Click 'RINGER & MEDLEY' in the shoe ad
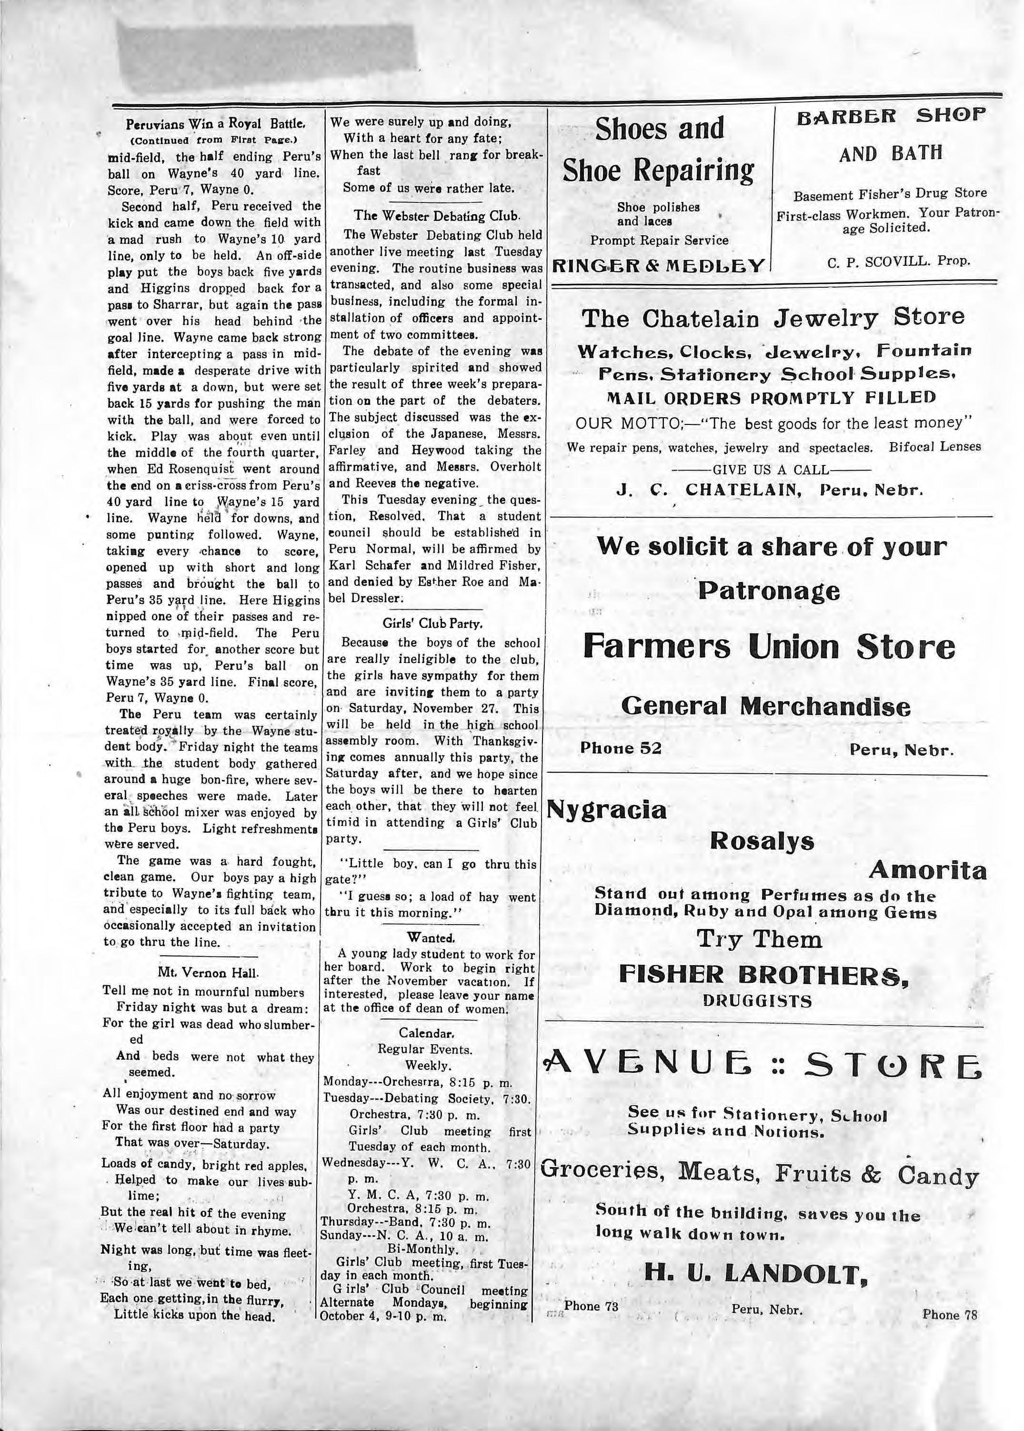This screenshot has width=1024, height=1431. [658, 265]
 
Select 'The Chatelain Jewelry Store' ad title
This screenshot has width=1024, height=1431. [773, 318]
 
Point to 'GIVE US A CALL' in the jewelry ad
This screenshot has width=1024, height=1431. [771, 469]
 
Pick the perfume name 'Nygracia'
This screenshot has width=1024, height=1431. [607, 809]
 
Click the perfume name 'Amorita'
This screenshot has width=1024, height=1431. [927, 870]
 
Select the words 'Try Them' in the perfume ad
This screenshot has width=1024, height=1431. [759, 940]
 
